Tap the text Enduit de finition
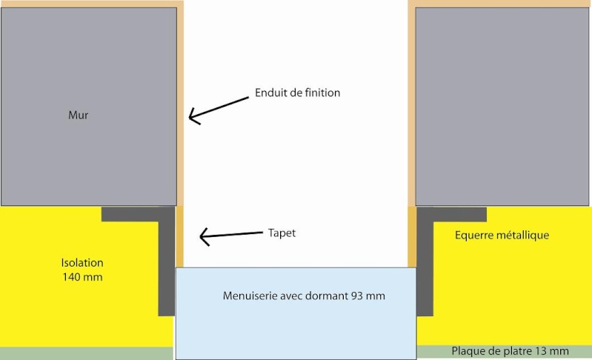(x=297, y=93)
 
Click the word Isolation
(x=82, y=262)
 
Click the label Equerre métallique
(x=502, y=235)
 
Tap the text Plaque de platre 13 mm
(x=510, y=351)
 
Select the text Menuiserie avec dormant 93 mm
(x=304, y=296)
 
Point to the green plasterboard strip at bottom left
(x=86, y=353)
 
